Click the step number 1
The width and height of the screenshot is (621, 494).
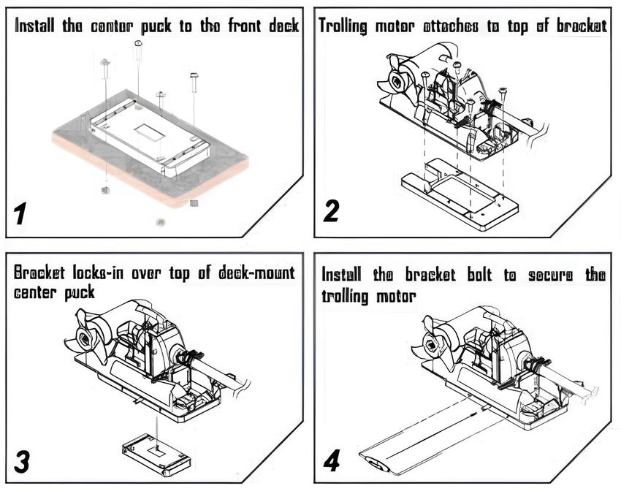coord(20,213)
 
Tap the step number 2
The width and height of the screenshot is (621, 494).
coord(331,210)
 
